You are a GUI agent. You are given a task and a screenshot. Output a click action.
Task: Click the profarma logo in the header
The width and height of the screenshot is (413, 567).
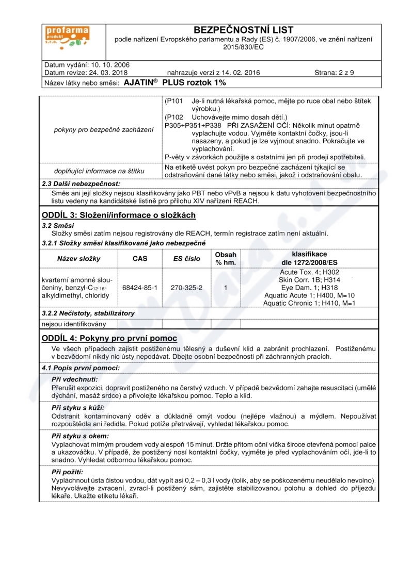[67, 38]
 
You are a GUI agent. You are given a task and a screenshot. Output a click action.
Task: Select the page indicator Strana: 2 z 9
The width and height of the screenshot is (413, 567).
[334, 73]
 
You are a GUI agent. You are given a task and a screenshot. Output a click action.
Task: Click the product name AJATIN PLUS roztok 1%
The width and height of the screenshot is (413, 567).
[176, 82]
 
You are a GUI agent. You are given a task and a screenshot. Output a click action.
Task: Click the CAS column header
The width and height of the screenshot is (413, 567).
[140, 259]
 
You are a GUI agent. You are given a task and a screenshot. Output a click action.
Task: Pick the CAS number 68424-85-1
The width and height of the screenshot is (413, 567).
[140, 287]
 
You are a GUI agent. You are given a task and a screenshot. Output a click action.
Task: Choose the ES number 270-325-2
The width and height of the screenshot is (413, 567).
[186, 287]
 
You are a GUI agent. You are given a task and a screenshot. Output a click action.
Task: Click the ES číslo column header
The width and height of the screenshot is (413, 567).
[186, 259]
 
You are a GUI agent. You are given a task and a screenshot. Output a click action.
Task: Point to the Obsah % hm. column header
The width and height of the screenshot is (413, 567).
[226, 259]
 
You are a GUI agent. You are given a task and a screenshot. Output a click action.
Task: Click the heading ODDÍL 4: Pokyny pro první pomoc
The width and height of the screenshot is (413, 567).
[109, 338]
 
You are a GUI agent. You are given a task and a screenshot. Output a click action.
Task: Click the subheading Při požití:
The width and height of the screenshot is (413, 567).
[68, 472]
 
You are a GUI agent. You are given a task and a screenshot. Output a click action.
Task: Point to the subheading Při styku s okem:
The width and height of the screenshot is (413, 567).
[80, 436]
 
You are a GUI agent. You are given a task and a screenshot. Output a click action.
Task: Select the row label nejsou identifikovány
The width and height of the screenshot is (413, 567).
[74, 324]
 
